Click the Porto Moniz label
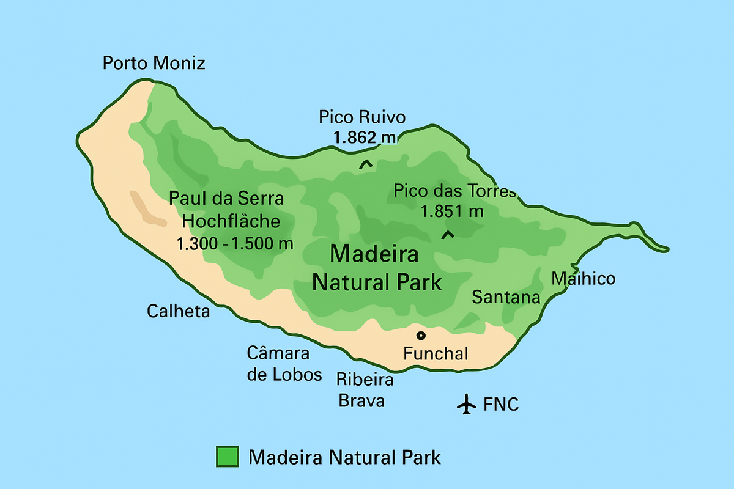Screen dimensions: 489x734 click(154, 63)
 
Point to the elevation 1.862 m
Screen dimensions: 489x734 click(365, 138)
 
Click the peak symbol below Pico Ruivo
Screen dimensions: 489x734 click(366, 164)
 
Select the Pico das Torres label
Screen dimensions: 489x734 click(455, 191)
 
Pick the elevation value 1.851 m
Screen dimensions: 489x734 click(453, 211)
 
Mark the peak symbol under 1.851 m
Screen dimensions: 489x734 click(448, 234)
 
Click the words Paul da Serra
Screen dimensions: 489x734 click(227, 198)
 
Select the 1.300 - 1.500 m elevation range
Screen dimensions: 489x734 click(235, 243)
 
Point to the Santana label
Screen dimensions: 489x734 click(506, 298)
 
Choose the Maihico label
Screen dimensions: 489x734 click(583, 279)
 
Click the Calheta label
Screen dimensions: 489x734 click(178, 311)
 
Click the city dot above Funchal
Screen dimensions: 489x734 click(421, 335)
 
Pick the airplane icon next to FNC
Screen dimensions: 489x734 click(467, 404)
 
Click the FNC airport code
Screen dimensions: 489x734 click(501, 405)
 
